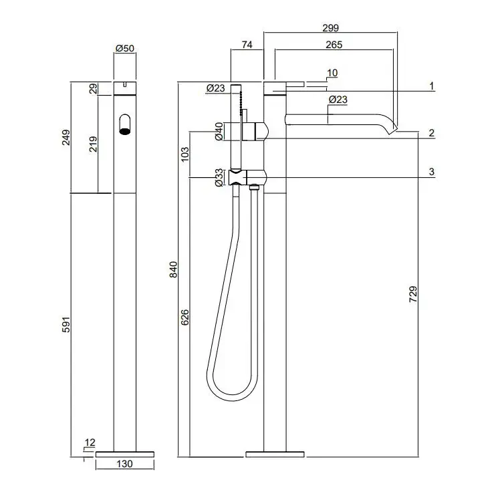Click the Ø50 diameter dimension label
(x=125, y=48)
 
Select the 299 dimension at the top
(x=331, y=28)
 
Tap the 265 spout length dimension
(x=334, y=45)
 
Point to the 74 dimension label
(x=247, y=45)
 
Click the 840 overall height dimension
(x=173, y=269)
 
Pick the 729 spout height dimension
(x=413, y=294)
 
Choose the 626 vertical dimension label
(x=184, y=318)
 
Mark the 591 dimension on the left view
(x=66, y=324)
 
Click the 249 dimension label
(x=66, y=137)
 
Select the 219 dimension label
(x=93, y=144)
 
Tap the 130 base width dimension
(x=124, y=464)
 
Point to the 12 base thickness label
(x=90, y=443)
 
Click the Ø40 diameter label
(x=219, y=132)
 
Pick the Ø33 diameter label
(x=219, y=178)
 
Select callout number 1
(x=431, y=86)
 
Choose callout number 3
(x=431, y=172)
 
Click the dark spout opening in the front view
(x=125, y=131)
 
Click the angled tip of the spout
(x=393, y=130)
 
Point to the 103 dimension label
(x=185, y=154)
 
